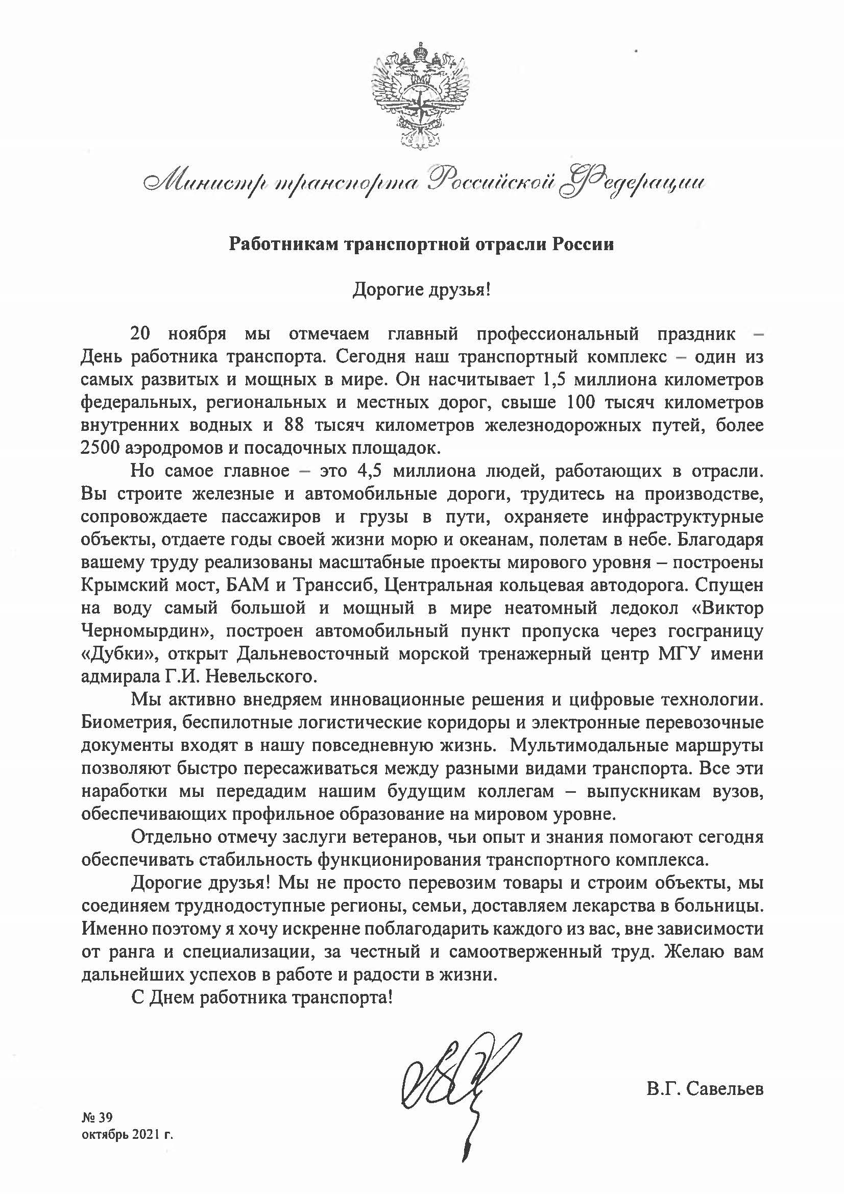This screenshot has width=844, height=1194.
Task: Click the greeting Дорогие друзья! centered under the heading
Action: point(421,289)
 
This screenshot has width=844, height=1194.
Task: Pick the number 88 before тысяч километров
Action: point(294,425)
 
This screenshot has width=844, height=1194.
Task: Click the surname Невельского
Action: point(266,676)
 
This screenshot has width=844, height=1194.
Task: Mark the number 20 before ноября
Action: point(140,333)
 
